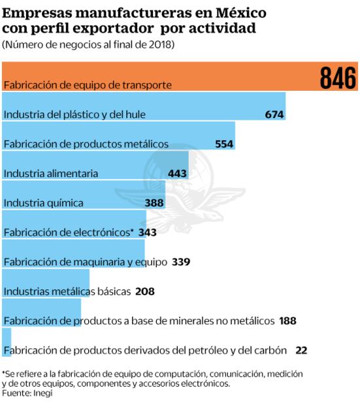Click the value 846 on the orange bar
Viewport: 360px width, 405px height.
(338, 78)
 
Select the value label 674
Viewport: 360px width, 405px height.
(274, 114)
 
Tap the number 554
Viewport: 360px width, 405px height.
(224, 144)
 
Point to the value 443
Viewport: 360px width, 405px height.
(177, 173)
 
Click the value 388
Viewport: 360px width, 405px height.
(154, 202)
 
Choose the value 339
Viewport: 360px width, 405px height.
(181, 261)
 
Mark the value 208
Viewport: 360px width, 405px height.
(144, 291)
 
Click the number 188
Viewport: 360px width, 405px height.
(288, 321)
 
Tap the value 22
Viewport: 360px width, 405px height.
(301, 350)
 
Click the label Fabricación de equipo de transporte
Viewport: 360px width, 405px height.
(88, 85)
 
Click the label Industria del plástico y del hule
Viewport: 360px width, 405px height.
(74, 114)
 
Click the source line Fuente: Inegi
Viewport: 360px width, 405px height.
(27, 393)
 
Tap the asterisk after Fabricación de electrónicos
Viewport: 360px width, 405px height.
(131, 231)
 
